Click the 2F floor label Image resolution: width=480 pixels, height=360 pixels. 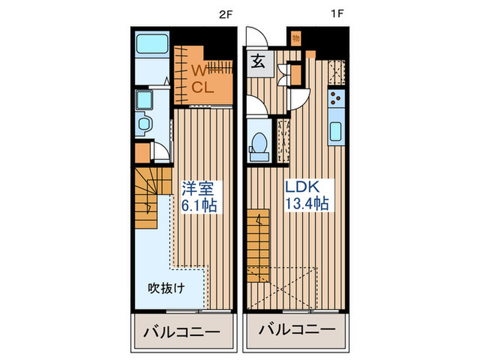coord(224,14)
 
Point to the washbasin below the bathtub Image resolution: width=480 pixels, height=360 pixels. coord(145,98)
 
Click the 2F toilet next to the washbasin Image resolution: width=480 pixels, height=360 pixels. coord(145,125)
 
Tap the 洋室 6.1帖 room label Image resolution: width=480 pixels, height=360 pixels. coord(199,195)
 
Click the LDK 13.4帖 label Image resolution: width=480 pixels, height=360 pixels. coord(307,194)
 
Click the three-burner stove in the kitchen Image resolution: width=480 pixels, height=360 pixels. coord(336,100)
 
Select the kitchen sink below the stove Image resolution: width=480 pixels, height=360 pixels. coord(337,130)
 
